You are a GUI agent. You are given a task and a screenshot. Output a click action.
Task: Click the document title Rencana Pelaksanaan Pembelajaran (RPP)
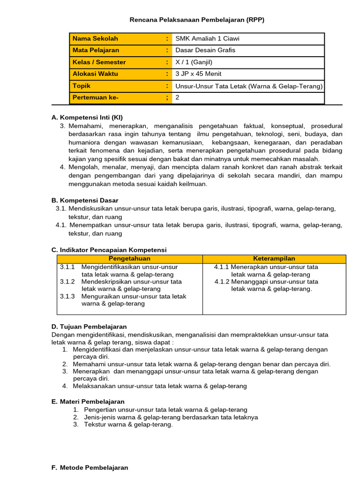[200, 20]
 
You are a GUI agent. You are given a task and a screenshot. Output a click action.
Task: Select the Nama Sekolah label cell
[95, 38]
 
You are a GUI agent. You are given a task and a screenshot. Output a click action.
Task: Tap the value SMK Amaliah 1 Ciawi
[207, 38]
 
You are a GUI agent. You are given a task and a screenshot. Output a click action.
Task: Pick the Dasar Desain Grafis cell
[205, 50]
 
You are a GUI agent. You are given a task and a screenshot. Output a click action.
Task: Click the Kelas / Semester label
[99, 62]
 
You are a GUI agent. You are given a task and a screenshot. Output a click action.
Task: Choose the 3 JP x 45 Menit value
[198, 74]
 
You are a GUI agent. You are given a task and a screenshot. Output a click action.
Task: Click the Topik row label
[82, 86]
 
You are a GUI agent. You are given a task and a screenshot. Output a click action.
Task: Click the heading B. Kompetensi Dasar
[85, 200]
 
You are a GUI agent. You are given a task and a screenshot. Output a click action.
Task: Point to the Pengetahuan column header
[129, 259]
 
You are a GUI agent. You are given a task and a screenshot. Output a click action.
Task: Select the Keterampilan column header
[274, 259]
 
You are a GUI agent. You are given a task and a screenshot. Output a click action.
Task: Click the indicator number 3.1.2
[67, 282]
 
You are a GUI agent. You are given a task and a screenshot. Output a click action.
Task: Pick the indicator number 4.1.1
[222, 267]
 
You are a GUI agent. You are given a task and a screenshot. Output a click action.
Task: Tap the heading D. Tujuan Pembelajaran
[89, 326]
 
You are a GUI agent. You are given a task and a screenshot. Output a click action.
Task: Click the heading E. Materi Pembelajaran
[88, 401]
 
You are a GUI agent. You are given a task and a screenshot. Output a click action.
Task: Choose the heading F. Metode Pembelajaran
[89, 467]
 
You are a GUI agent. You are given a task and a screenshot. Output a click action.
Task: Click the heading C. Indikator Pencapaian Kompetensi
[109, 250]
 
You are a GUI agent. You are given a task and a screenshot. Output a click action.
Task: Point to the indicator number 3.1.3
[67, 296]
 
